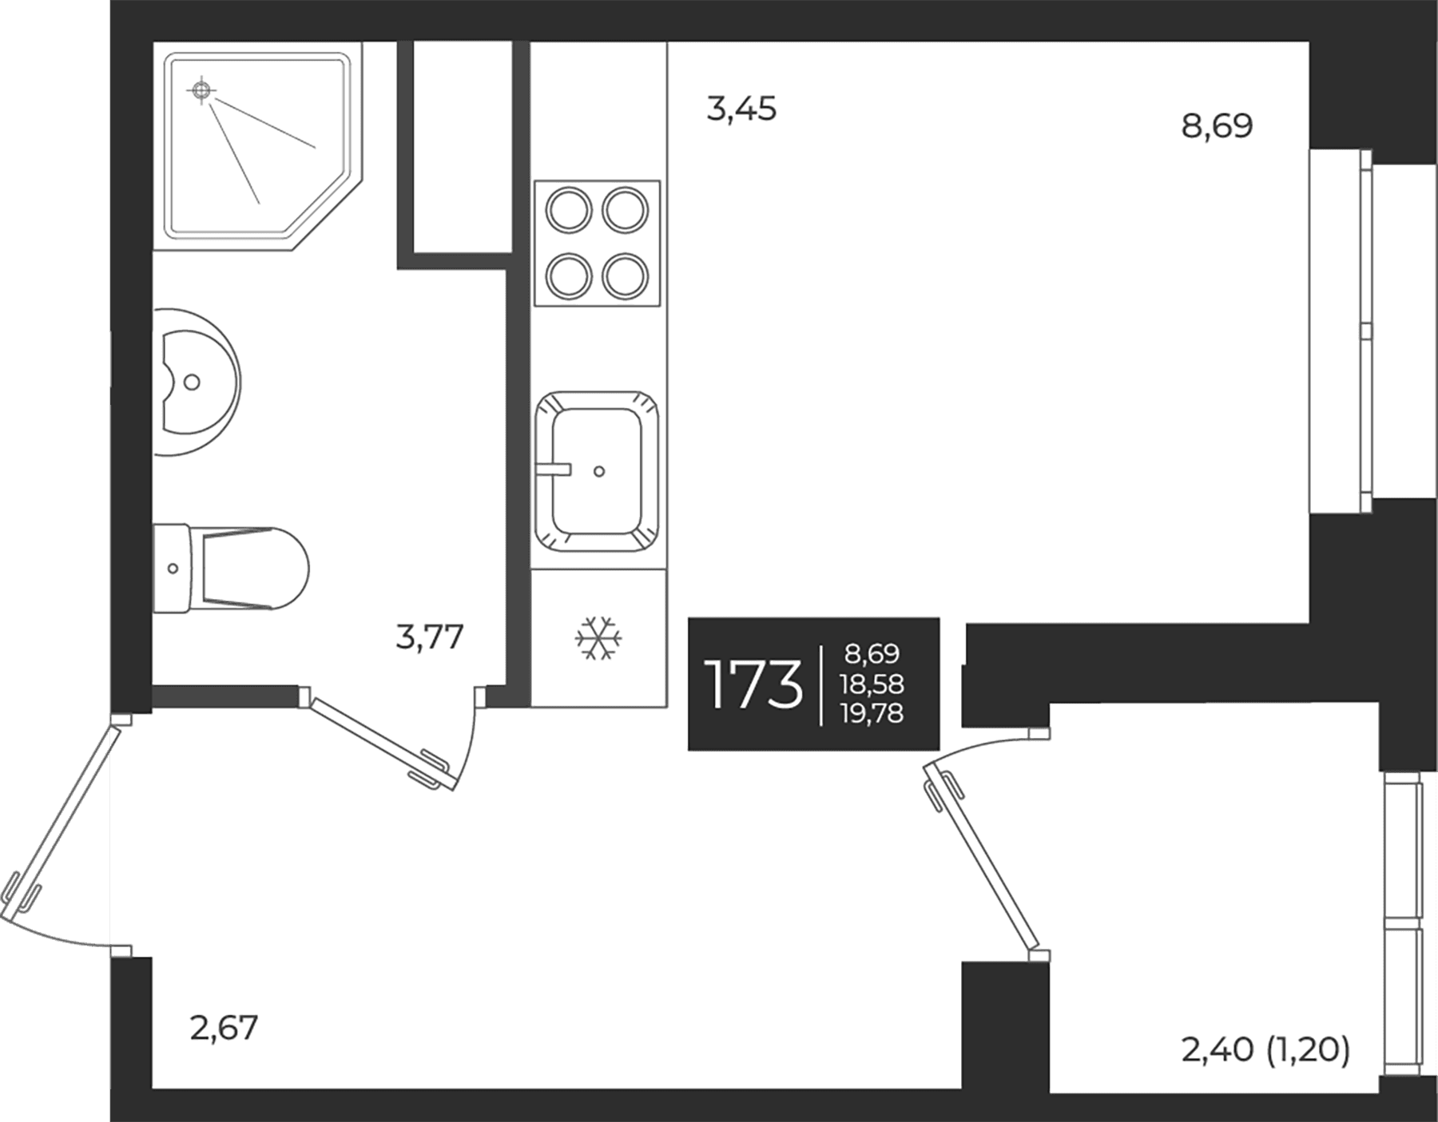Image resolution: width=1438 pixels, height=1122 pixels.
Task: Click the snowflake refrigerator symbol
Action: click(x=599, y=638)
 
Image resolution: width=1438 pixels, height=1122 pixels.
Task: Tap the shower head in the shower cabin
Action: click(x=201, y=90)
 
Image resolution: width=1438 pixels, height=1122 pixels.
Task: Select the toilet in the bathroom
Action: click(x=230, y=568)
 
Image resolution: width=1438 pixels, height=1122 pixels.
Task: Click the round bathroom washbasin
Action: click(x=196, y=382)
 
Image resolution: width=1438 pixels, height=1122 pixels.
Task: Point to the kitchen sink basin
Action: click(x=598, y=471)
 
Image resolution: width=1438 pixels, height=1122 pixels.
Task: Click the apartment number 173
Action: click(x=753, y=685)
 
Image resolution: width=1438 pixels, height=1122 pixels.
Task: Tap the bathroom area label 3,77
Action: click(x=430, y=637)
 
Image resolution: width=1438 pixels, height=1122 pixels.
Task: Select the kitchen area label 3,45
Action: click(x=741, y=109)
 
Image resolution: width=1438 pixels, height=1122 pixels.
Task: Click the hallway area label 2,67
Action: click(x=224, y=1028)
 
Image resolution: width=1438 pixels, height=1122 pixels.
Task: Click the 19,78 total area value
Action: click(x=872, y=712)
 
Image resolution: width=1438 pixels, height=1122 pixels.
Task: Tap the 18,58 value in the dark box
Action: click(x=872, y=684)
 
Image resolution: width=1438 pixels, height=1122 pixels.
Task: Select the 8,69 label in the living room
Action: click(x=1217, y=126)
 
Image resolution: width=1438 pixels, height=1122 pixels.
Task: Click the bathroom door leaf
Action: click(x=381, y=743)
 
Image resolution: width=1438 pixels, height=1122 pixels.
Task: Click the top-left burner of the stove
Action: click(x=568, y=210)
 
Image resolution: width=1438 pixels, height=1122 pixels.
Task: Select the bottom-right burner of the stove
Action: click(x=625, y=276)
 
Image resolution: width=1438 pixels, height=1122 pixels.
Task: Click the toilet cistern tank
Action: click(x=172, y=568)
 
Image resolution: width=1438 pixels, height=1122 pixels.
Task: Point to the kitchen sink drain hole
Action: click(x=599, y=471)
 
